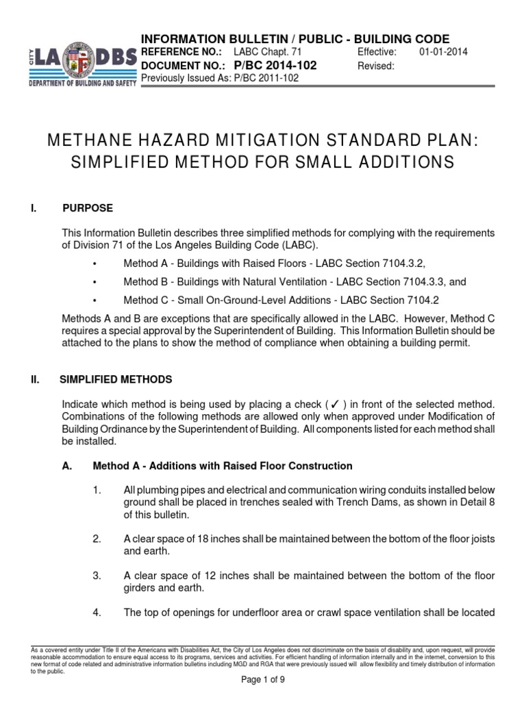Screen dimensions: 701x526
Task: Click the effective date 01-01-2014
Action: point(443,52)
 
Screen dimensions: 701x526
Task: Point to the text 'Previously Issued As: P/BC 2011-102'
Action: point(219,78)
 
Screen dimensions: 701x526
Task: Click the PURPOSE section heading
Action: point(88,208)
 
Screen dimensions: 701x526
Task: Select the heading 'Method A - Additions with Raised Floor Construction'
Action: point(223,466)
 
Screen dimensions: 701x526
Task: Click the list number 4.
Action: point(97,612)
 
